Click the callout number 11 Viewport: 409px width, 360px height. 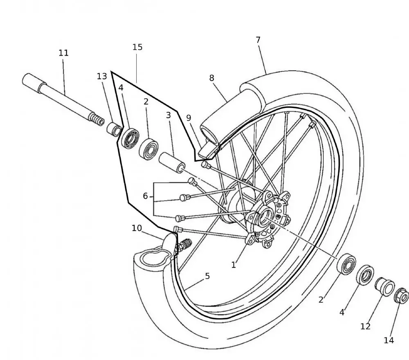[63, 53]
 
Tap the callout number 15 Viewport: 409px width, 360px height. [137, 47]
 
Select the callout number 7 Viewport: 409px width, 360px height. [258, 40]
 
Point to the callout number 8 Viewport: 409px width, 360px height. [211, 78]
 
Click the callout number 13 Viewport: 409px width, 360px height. [102, 76]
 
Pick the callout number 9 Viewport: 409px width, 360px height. [189, 118]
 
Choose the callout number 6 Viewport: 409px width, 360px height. [145, 196]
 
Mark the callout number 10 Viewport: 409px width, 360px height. [137, 228]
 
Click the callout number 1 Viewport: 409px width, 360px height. [234, 265]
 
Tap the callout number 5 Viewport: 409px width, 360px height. [207, 276]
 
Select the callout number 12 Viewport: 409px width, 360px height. [365, 326]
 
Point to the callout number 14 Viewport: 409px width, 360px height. [389, 340]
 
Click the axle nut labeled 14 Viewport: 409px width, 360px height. [401, 296]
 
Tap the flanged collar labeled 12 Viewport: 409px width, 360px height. [385, 286]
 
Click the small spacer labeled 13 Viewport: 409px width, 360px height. [114, 129]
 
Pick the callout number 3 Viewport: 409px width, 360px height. [168, 116]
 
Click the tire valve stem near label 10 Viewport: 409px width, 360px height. [184, 244]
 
